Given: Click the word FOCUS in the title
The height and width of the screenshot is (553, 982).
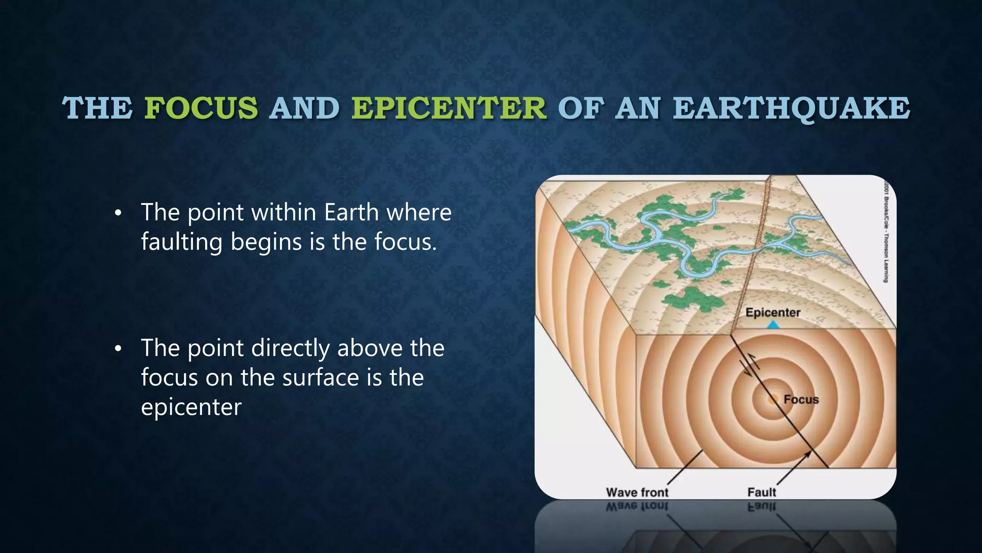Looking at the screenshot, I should coord(201,108).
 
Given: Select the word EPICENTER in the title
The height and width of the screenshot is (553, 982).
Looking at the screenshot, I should coord(449,108).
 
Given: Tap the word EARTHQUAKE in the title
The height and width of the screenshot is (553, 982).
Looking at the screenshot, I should coord(791,108).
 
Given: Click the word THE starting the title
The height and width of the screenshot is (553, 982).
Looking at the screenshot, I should coord(97,108).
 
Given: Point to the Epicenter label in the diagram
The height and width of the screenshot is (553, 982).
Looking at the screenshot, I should coord(772,313).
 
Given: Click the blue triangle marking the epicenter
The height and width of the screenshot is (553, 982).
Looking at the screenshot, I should coord(773,325).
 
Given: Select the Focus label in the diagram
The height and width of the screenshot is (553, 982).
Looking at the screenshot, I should coord(801,399).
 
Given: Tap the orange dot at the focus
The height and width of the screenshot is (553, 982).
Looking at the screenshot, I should coord(772,399).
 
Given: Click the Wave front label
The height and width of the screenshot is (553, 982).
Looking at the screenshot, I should coord(637,492).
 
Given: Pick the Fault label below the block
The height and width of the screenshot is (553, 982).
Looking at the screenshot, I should coord(761,492).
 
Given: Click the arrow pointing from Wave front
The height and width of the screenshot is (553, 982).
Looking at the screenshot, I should coord(685,468).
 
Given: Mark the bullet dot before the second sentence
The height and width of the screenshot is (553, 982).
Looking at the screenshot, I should coord(118,349).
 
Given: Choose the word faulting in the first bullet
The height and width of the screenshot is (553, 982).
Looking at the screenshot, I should coord(181,241).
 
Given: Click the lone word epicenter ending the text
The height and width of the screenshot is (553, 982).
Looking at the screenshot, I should coord(191,407).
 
